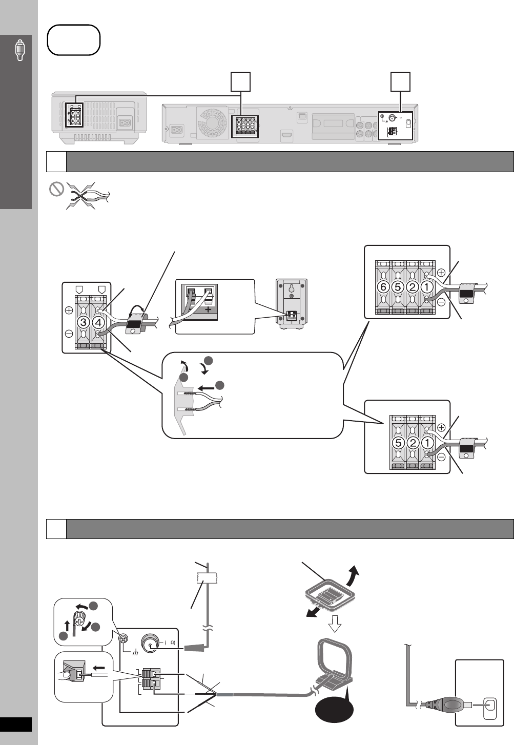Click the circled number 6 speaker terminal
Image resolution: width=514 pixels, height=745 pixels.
(383, 287)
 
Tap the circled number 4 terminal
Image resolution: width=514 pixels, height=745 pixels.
(98, 323)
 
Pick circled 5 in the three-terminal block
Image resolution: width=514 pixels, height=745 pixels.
(397, 442)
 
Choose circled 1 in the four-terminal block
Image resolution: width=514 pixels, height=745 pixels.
(426, 287)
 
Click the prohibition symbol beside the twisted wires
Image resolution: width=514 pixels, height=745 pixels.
(56, 190)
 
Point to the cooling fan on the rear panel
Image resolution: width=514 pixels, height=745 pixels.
(210, 122)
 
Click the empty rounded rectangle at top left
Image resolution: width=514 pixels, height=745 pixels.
(73, 39)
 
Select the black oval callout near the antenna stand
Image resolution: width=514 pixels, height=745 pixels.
(334, 711)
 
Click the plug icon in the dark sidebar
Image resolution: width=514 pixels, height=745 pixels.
(19, 49)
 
